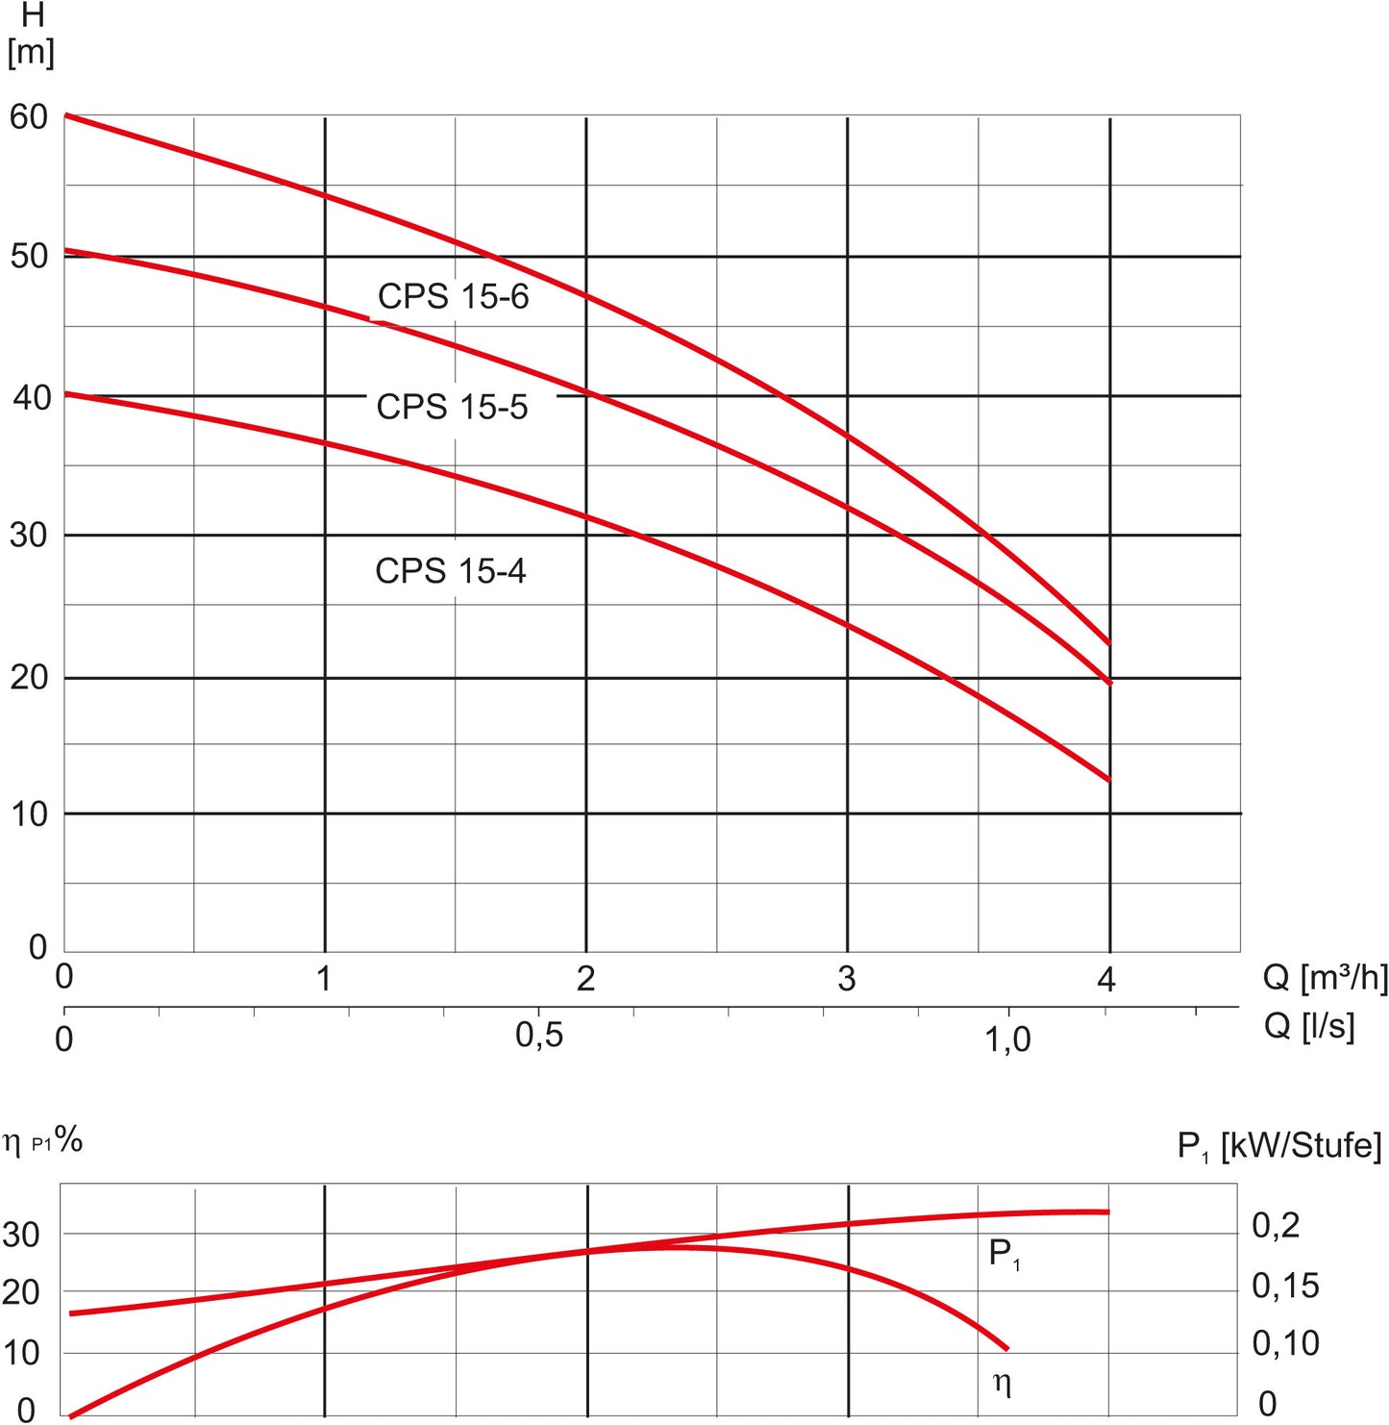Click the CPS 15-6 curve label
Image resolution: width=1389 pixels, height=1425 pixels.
tap(453, 296)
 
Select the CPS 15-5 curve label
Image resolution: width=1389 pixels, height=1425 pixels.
tap(452, 407)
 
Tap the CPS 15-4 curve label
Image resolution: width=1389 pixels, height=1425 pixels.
tap(450, 571)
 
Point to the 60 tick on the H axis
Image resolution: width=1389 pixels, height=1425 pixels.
tap(29, 117)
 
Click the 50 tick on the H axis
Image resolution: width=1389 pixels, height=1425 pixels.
tap(29, 256)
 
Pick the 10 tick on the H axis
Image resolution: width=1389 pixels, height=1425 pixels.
tap(29, 814)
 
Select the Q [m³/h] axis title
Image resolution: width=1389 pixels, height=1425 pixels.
tap(1325, 978)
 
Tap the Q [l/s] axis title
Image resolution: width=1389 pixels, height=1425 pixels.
tap(1308, 1026)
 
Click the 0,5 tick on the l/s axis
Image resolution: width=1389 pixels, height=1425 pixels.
tap(539, 1036)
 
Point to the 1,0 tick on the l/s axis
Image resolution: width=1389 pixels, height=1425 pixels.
tap(1007, 1038)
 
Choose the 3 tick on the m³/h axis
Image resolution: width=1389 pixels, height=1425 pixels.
tap(846, 979)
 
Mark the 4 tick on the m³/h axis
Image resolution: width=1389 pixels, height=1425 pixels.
tap(1106, 980)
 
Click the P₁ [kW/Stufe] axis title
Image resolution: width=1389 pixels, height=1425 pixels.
tap(1278, 1146)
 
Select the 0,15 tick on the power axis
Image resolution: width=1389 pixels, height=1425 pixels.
tap(1285, 1286)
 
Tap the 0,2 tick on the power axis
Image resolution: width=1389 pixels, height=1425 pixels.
tap(1276, 1225)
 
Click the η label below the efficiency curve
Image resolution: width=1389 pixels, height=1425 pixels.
tap(1002, 1383)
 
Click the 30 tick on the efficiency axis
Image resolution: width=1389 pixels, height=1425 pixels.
tap(21, 1235)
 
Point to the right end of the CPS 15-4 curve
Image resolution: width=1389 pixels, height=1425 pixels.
tap(1109, 780)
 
